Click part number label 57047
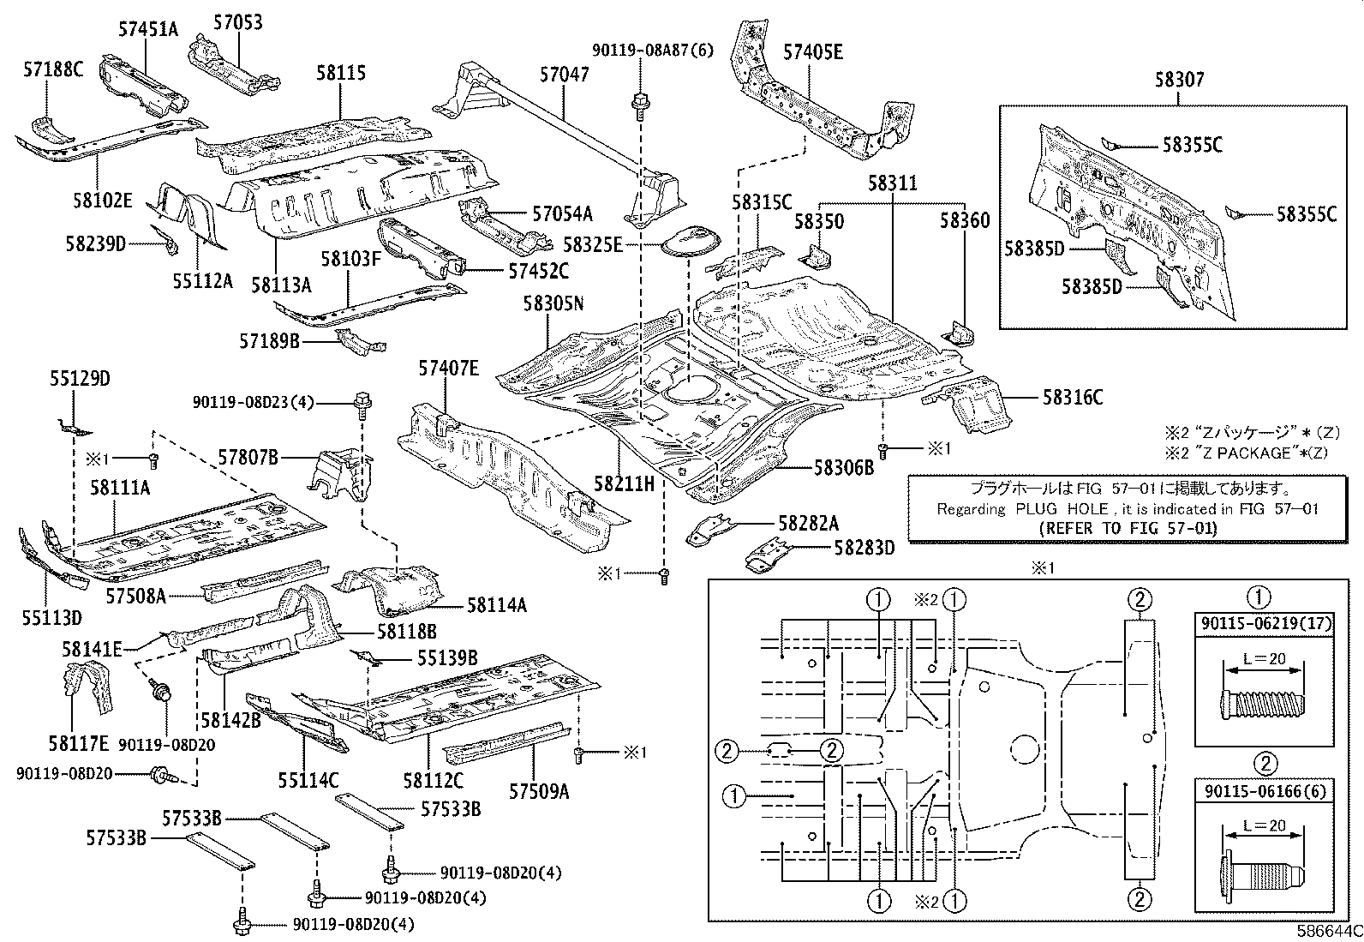click(x=564, y=75)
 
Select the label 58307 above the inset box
click(x=1178, y=81)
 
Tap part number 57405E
click(x=812, y=52)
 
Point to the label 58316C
click(x=1073, y=397)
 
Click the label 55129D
click(x=80, y=379)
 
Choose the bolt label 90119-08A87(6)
click(x=651, y=51)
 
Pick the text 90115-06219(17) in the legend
click(x=1265, y=624)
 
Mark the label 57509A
click(x=539, y=790)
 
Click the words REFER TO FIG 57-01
click(x=1124, y=528)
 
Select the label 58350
click(x=818, y=222)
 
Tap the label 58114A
click(x=497, y=605)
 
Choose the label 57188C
click(x=53, y=69)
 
